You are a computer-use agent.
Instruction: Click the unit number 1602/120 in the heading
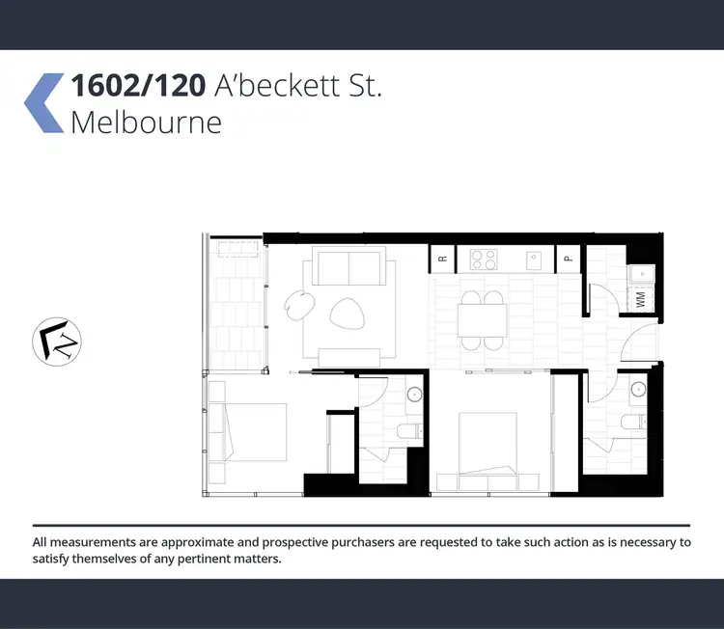[x=136, y=87]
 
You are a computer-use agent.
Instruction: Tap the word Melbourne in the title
[x=146, y=123]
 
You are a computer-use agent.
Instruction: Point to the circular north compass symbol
[x=57, y=342]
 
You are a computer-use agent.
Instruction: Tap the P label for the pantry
[x=569, y=258]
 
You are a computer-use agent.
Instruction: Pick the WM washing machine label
[x=640, y=299]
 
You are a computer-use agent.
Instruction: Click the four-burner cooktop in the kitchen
[x=483, y=259]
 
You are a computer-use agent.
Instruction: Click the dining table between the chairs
[x=482, y=319]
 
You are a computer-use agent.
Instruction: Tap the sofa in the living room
[x=349, y=265]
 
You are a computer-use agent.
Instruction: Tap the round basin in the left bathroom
[x=414, y=394]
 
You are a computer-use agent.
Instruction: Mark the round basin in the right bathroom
[x=637, y=390]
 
